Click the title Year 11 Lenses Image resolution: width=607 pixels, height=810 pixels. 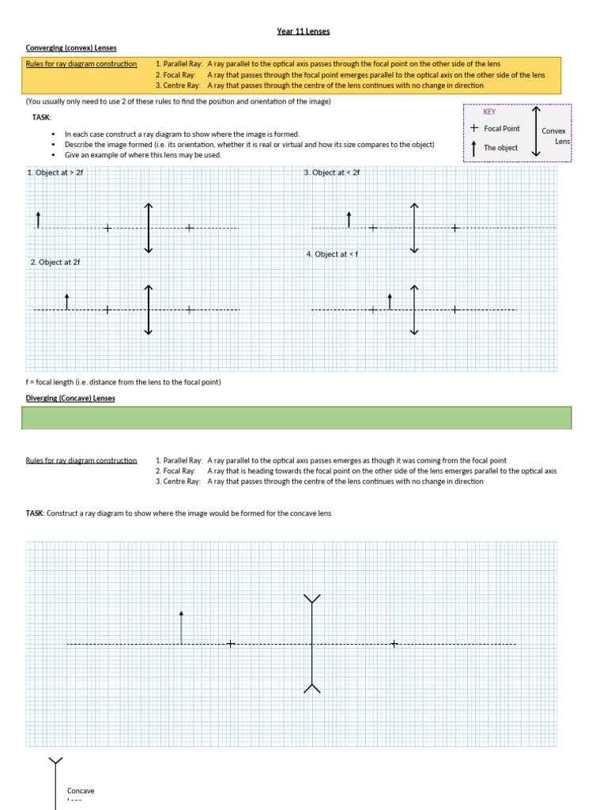coord(303,32)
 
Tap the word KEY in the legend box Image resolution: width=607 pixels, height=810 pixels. coord(489,112)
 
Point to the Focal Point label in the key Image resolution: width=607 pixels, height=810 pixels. coord(502,128)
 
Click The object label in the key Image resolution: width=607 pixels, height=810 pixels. coord(500,148)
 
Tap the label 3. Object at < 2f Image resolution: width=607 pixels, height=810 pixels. coord(332,172)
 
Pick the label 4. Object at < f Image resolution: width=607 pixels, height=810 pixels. coord(333,255)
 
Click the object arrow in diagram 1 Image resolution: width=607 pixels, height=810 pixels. coord(38,220)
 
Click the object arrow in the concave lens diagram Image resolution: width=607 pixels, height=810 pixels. coord(182,627)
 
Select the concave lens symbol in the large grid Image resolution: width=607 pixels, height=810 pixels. coord(313,644)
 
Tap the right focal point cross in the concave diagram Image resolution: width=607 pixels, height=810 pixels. coord(394,644)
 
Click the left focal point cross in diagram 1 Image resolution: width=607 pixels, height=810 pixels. coord(107,229)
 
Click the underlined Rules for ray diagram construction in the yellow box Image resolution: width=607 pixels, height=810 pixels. coord(81,64)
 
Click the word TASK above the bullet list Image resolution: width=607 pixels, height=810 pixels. coord(41,117)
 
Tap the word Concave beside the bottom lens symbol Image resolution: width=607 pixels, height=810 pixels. coord(81,791)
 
